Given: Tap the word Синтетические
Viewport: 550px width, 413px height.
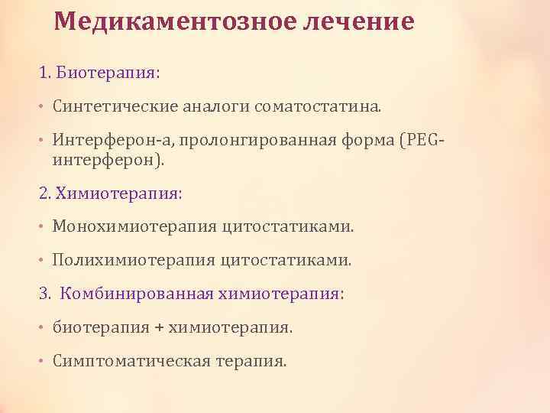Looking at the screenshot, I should [x=114, y=107].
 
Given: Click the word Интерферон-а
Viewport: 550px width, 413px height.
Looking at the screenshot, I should [x=99, y=140].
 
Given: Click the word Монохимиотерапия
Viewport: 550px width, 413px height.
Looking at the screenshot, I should [x=134, y=226].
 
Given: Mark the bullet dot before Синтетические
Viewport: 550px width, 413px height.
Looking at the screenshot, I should [x=43, y=108].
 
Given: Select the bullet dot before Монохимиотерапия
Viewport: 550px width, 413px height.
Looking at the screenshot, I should [x=43, y=227].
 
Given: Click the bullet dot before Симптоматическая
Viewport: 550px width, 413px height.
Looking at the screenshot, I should [x=43, y=360].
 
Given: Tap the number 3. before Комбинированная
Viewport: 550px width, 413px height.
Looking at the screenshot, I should [x=45, y=293].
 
